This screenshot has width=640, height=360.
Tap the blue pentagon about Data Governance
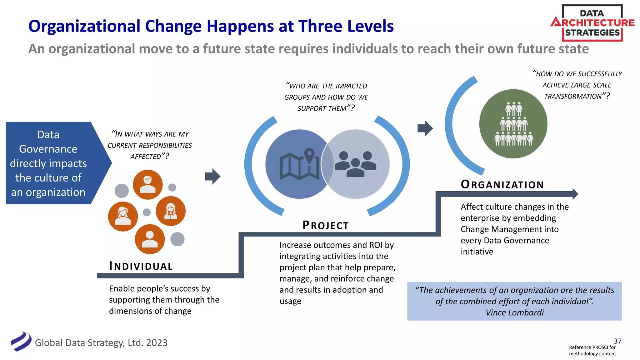point(53,163)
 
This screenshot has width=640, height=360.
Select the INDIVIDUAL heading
point(141,266)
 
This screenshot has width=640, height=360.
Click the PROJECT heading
point(325,225)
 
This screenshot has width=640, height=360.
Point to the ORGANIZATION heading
point(502,185)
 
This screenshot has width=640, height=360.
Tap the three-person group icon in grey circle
point(355,164)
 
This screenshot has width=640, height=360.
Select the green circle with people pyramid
point(513,124)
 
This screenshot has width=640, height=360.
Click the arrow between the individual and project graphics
point(212,177)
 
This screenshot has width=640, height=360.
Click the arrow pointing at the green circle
point(425,128)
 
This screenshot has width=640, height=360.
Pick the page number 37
point(617,341)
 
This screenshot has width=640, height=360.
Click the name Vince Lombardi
point(515,312)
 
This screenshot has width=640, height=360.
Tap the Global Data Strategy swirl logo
point(21,342)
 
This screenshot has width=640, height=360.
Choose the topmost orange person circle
point(148,184)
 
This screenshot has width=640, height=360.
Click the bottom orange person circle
point(150,239)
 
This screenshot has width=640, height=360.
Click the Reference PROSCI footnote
point(592,350)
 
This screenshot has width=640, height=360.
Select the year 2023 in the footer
point(157,343)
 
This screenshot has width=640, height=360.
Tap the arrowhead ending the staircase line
point(575,194)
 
